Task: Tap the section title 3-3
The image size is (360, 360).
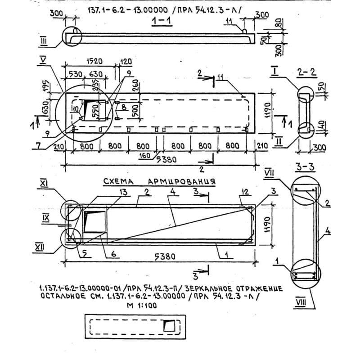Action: click(306, 167)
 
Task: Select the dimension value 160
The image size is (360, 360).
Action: click(145, 156)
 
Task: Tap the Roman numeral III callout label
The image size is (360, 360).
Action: click(44, 42)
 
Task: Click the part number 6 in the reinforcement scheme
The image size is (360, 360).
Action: click(114, 254)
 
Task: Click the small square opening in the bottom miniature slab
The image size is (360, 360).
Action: click(170, 325)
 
